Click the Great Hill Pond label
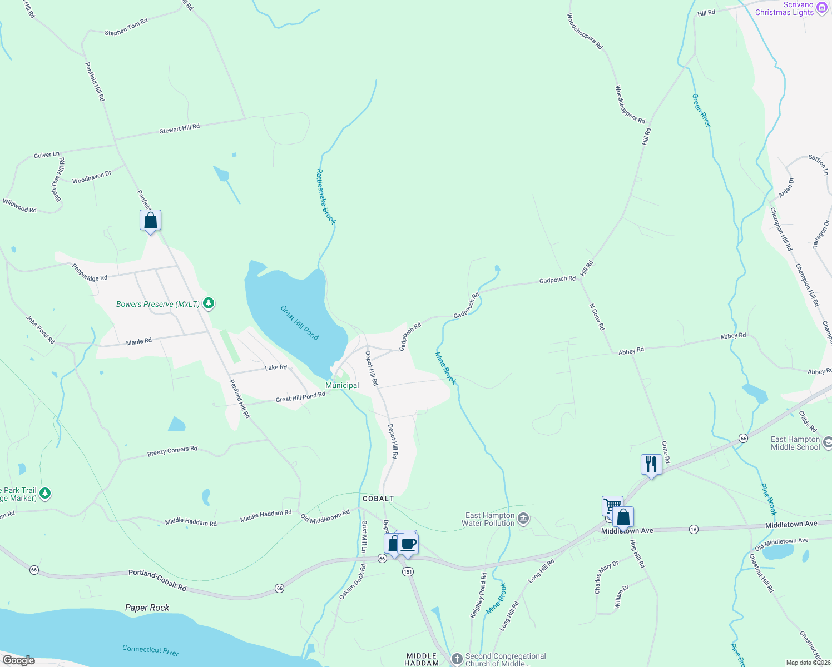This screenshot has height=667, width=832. (299, 322)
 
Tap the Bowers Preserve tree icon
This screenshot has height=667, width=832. (209, 303)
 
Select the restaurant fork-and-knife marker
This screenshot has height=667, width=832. (651, 464)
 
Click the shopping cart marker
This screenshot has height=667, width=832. (612, 505)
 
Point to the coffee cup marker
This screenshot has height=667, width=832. (408, 544)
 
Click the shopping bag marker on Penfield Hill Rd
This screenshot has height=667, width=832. (150, 220)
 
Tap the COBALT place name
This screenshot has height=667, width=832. (378, 499)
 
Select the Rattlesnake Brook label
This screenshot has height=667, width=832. (326, 197)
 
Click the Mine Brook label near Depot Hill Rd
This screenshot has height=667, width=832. (445, 368)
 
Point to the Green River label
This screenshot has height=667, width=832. (701, 110)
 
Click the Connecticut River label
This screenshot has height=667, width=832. (151, 649)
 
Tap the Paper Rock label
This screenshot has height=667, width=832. (147, 608)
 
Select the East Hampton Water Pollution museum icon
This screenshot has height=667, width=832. (523, 519)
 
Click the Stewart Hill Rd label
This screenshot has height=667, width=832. (179, 128)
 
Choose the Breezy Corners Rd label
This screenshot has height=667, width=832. (172, 451)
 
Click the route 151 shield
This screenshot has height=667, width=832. (408, 571)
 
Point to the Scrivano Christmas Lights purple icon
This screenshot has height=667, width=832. (822, 8)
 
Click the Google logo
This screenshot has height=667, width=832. (18, 660)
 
